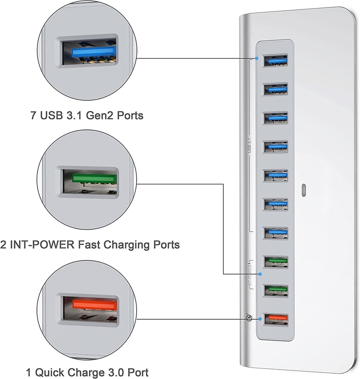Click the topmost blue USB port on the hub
click(275, 60)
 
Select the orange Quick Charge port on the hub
click(275, 318)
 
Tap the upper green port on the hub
click(275, 261)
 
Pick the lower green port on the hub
click(275, 290)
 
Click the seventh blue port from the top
click(275, 232)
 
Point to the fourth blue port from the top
click(275, 146)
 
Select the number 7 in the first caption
click(33, 115)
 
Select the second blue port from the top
click(275, 89)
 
